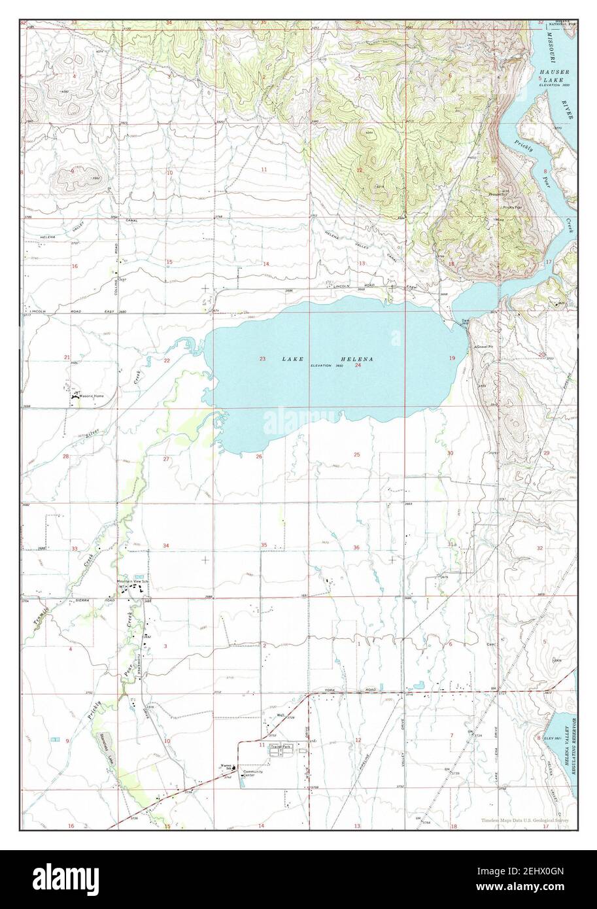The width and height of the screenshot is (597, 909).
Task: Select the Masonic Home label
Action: [90, 396]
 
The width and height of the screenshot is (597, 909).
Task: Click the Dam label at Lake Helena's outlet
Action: [465, 320]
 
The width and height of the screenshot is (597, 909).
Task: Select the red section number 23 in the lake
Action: [262, 358]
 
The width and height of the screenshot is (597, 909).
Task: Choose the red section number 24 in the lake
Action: [358, 366]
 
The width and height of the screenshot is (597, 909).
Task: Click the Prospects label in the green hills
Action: [498, 194]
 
